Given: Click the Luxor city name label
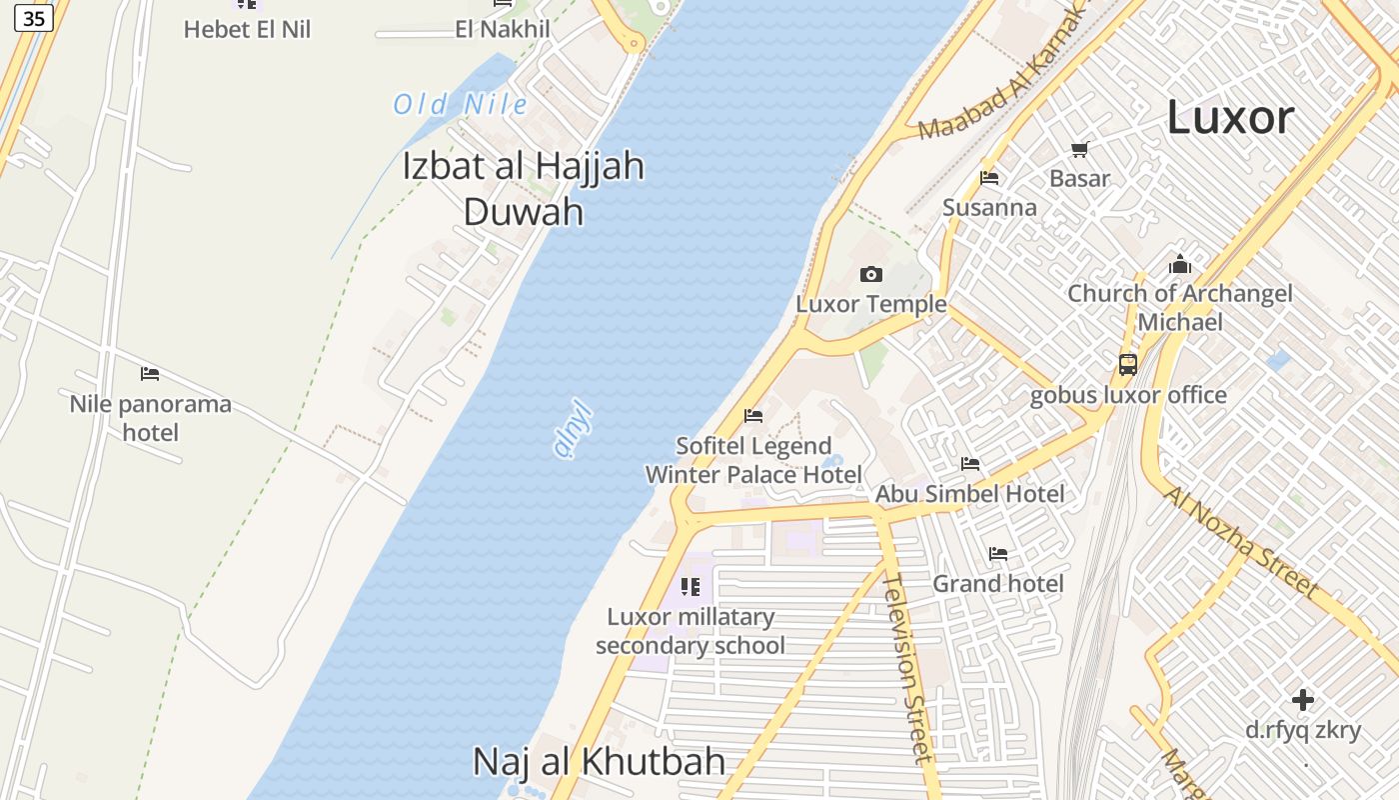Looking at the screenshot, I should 1230,118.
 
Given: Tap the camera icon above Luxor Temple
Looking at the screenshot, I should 871,274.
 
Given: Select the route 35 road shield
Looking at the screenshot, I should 34,18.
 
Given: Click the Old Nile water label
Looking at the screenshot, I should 460,104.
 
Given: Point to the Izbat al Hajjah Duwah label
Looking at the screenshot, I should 524,188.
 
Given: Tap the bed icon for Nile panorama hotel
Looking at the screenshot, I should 150,374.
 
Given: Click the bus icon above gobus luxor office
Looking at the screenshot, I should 1128,364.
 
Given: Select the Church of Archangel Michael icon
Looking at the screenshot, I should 1180,264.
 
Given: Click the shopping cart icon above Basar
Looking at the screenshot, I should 1079,150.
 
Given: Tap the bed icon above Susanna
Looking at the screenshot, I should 989,178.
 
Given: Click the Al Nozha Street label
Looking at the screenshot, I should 1241,542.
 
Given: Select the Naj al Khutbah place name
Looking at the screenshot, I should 599,762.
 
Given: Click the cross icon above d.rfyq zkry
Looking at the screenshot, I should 1303,699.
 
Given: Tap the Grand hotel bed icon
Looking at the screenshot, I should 997,554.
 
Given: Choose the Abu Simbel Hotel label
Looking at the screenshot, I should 970,494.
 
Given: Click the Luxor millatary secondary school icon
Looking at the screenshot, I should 690,587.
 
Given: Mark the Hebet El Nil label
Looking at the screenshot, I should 247,30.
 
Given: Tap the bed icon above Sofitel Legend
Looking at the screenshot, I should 753,416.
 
